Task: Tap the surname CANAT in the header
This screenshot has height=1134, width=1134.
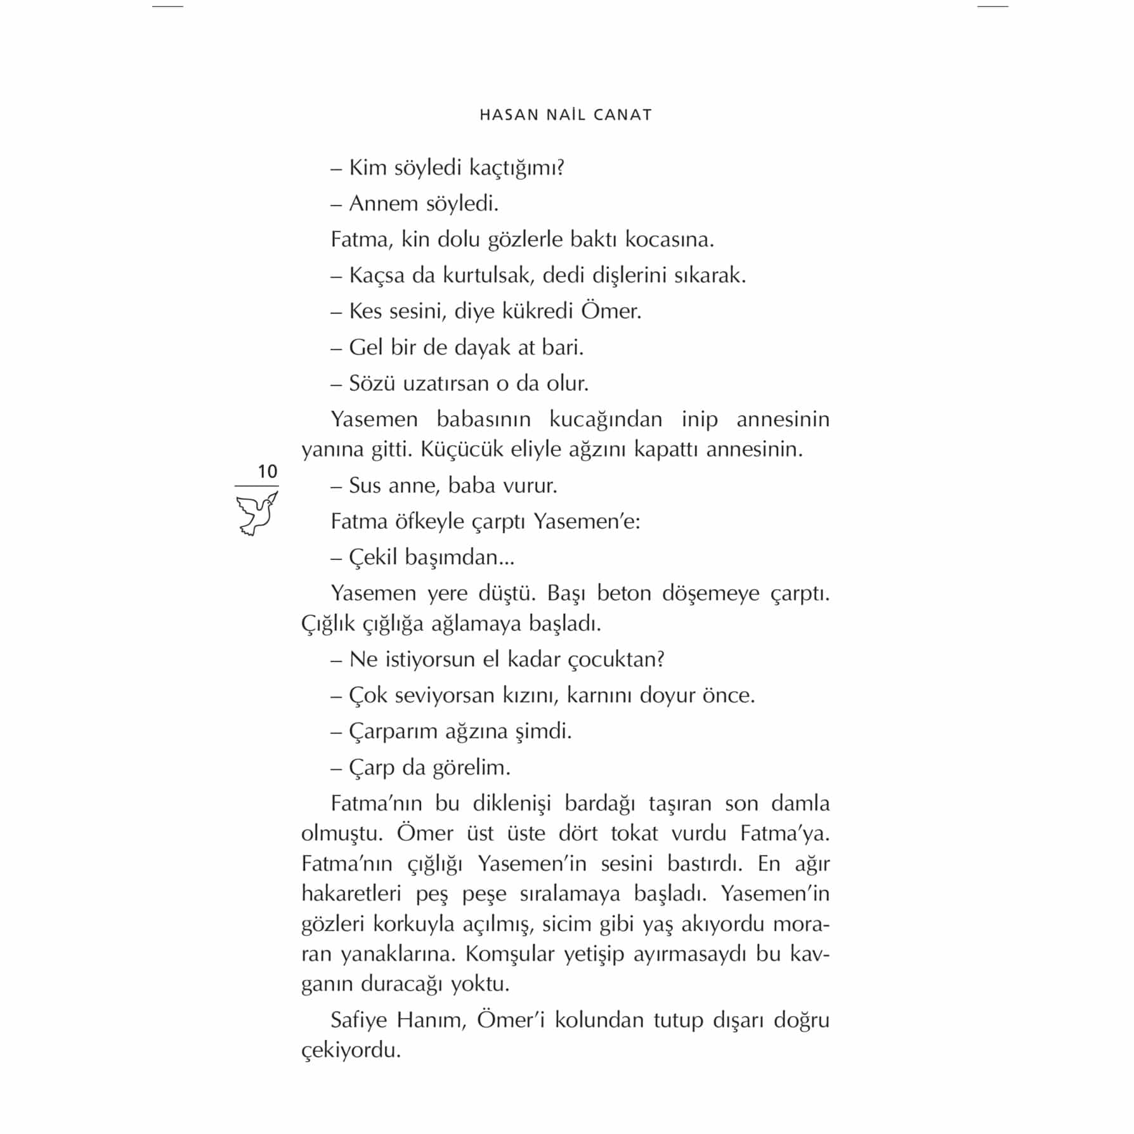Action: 623,115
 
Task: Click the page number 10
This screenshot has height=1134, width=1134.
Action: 267,471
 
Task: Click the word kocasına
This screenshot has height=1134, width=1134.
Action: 669,240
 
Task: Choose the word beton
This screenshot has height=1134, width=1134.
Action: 624,593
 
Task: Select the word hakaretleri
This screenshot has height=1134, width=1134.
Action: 351,894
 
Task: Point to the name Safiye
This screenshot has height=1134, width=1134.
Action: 360,1020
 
